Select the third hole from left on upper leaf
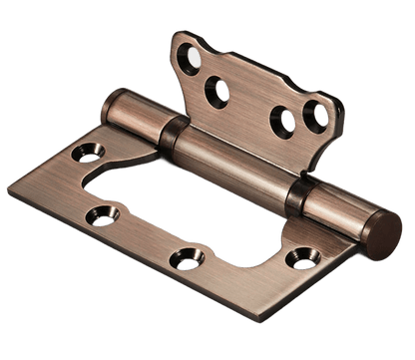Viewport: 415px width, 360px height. pos(287,122)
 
